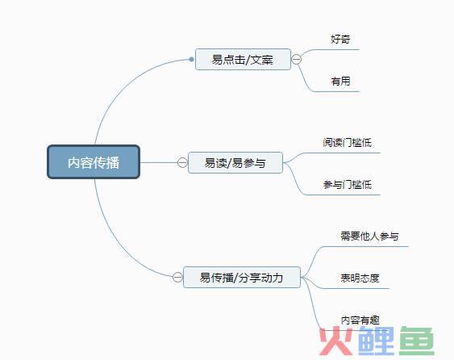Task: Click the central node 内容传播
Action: click(x=94, y=161)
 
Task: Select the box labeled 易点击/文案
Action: click(x=243, y=60)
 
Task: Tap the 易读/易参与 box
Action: click(x=235, y=162)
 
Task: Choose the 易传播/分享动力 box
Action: click(x=242, y=277)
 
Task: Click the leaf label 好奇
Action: click(x=340, y=39)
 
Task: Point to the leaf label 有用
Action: click(x=340, y=82)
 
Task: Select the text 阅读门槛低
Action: click(x=348, y=142)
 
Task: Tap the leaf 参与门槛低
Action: click(x=348, y=184)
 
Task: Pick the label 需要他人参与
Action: click(x=369, y=236)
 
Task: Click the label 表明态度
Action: click(x=360, y=278)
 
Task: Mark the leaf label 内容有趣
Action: click(x=360, y=320)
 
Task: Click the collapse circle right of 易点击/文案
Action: click(x=296, y=60)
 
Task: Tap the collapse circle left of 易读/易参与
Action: click(x=182, y=162)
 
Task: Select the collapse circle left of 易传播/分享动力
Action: click(x=177, y=277)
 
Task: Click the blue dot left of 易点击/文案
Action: click(x=191, y=60)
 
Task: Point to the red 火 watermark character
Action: click(x=336, y=341)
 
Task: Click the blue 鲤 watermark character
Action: click(x=376, y=341)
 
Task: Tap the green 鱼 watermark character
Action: click(x=417, y=341)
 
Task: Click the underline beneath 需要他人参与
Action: click(x=364, y=247)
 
